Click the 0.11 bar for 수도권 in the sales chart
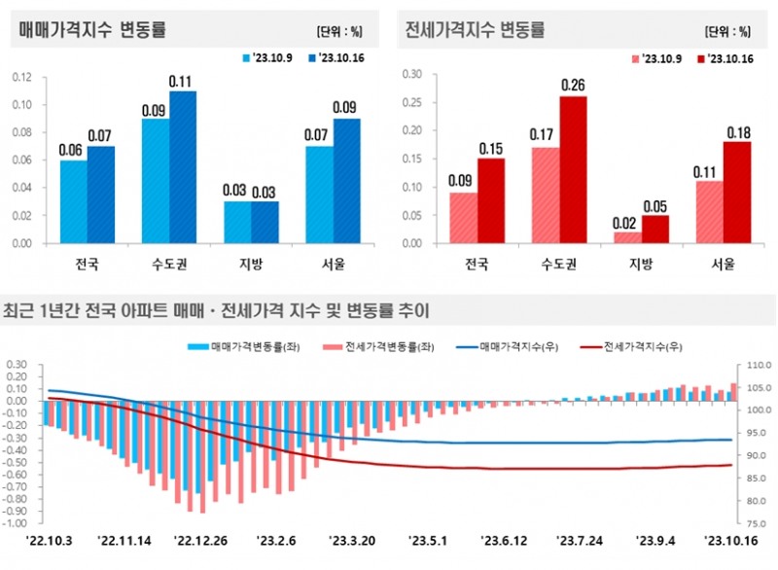point(183,166)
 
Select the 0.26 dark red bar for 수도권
point(573,169)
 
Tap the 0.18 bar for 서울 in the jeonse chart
point(736,192)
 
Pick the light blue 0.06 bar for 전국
point(73,201)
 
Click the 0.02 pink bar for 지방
point(628,237)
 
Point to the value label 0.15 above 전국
point(490,149)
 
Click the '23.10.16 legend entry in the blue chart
point(338,58)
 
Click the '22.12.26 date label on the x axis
point(200,539)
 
